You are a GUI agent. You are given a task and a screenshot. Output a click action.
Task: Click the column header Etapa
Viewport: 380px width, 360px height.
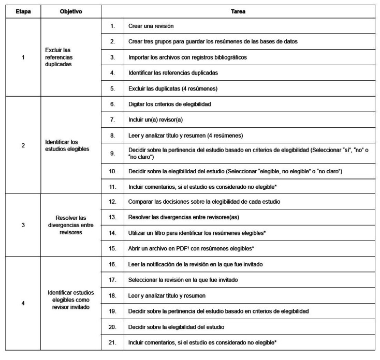click(x=22, y=11)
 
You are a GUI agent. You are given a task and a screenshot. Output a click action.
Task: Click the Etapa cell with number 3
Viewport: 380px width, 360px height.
click(x=22, y=226)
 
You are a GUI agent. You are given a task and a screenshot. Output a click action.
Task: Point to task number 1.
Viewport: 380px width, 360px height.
click(x=112, y=25)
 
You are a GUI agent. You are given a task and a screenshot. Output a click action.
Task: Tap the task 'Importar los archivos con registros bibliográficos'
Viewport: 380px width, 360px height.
click(x=187, y=57)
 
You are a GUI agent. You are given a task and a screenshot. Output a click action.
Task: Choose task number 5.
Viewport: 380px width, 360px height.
click(x=112, y=88)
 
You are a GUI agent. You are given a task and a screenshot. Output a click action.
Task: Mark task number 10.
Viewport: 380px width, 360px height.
click(x=112, y=171)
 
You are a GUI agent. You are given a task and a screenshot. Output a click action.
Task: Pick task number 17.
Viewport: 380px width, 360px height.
click(x=112, y=280)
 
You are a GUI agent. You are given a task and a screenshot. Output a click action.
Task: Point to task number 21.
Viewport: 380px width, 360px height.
click(x=112, y=342)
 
